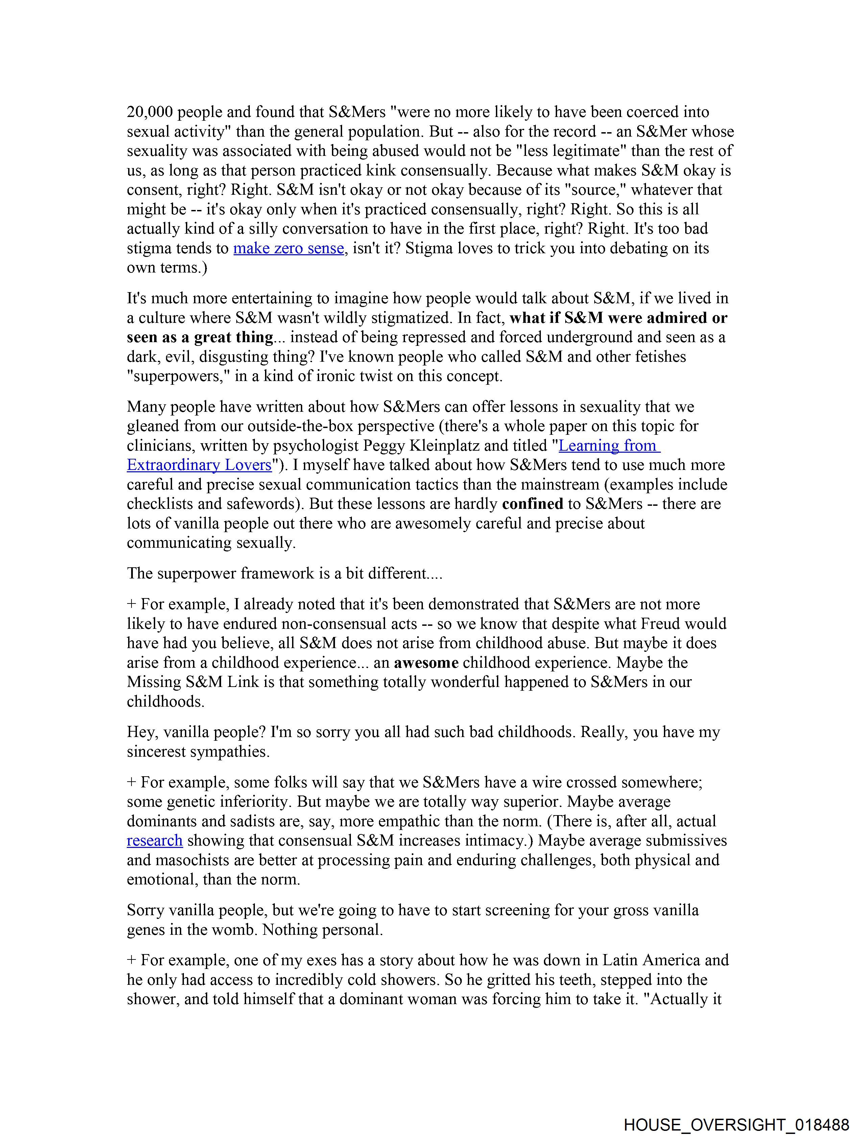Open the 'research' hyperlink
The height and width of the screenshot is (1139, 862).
[x=154, y=840]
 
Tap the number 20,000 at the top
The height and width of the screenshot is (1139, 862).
[x=150, y=112]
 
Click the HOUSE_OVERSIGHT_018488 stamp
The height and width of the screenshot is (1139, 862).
[x=736, y=1124]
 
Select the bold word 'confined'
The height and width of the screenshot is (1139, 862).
[x=532, y=504]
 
